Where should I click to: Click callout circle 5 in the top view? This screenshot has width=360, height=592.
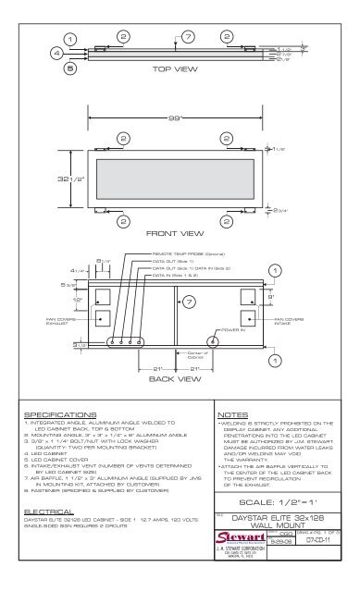(68, 68)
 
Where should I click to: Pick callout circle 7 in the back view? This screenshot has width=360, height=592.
(188, 302)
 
